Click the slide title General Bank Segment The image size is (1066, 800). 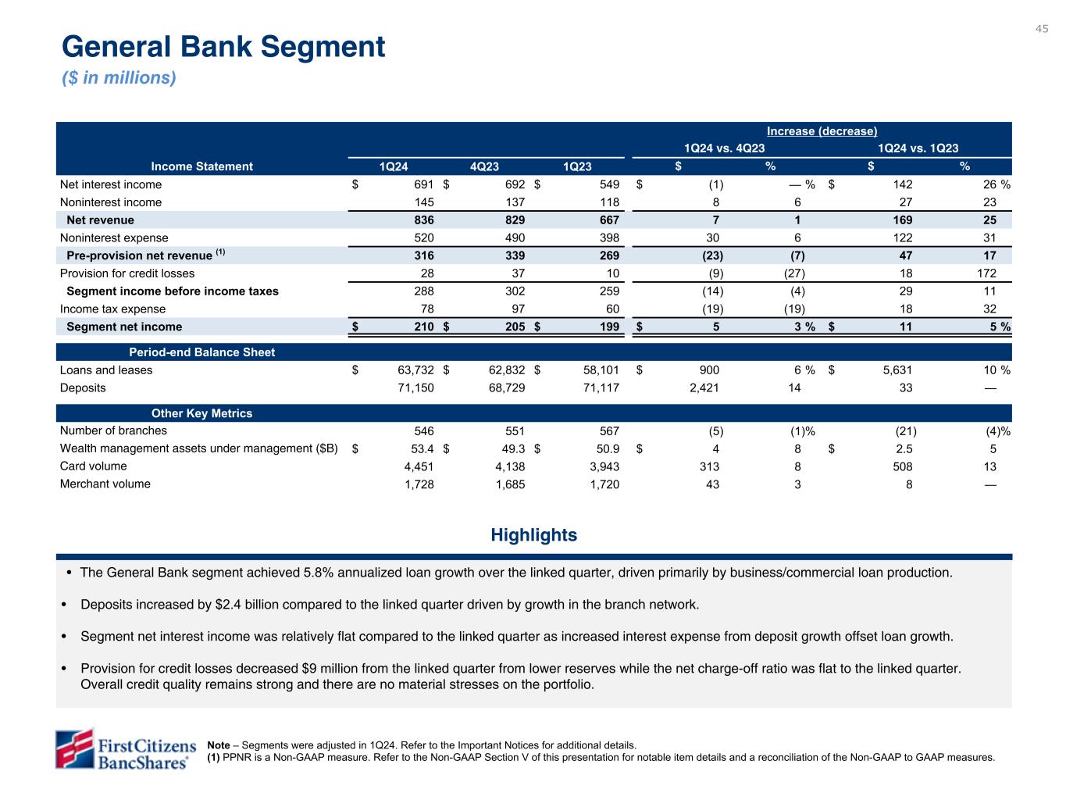[223, 47]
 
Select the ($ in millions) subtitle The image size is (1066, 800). [119, 78]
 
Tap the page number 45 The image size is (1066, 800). [1042, 29]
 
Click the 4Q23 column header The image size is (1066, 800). [484, 166]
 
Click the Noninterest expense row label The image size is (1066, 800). [114, 238]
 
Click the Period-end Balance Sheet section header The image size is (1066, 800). [201, 352]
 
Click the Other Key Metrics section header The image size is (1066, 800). [201, 413]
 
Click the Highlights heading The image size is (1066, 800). [533, 535]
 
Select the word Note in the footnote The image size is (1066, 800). [218, 745]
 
